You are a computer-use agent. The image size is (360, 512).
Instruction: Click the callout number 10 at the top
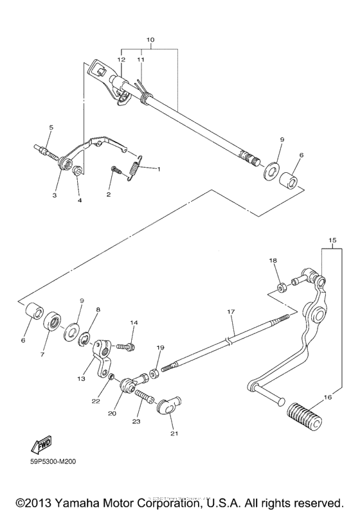coord(150,40)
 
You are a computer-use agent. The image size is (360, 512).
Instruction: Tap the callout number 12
coord(121,59)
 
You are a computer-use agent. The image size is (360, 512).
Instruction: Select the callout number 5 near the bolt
coord(51,127)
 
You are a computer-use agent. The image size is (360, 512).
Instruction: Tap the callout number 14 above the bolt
coord(134,322)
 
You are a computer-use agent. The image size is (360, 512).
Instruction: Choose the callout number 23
coord(136,421)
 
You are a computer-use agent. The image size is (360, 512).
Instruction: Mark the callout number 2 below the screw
coord(108,194)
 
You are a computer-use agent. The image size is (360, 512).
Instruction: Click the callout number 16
coord(328,398)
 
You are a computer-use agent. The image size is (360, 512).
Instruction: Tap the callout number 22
coord(96,401)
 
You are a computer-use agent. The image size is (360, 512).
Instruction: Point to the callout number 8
coord(98,310)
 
